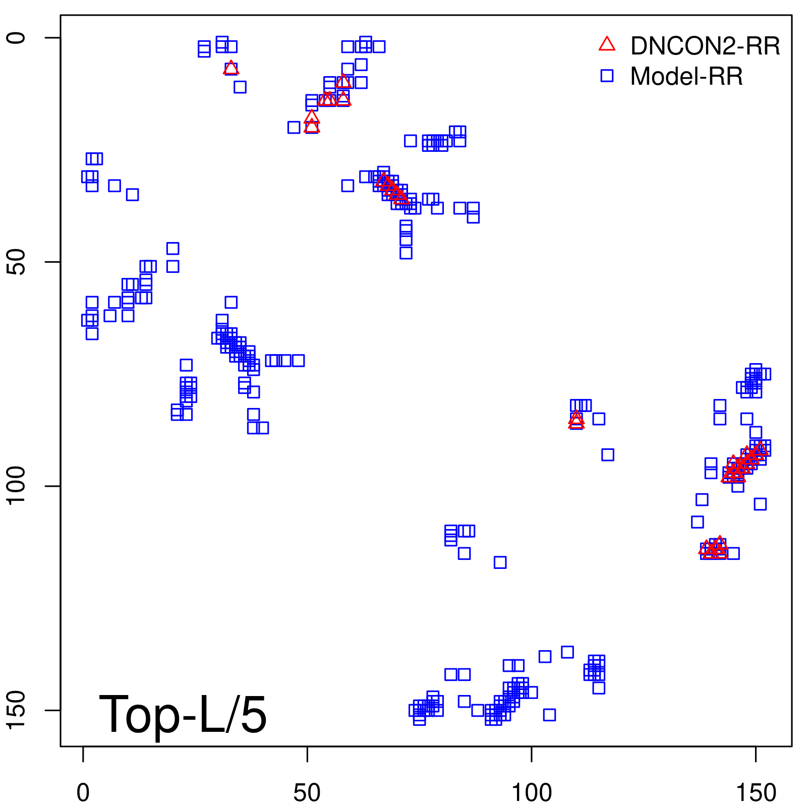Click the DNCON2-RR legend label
click(705, 46)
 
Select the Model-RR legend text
click(686, 77)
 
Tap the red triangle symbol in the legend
click(607, 44)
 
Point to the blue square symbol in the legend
click(607, 76)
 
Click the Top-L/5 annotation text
click(183, 714)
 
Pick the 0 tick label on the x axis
click(83, 793)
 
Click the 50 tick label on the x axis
click(307, 793)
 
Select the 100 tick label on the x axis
click(532, 793)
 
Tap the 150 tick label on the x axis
click(756, 793)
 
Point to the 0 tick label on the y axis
click(16, 38)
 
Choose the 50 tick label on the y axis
click(16, 262)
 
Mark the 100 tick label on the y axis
click(16, 486)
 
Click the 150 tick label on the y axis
click(16, 710)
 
